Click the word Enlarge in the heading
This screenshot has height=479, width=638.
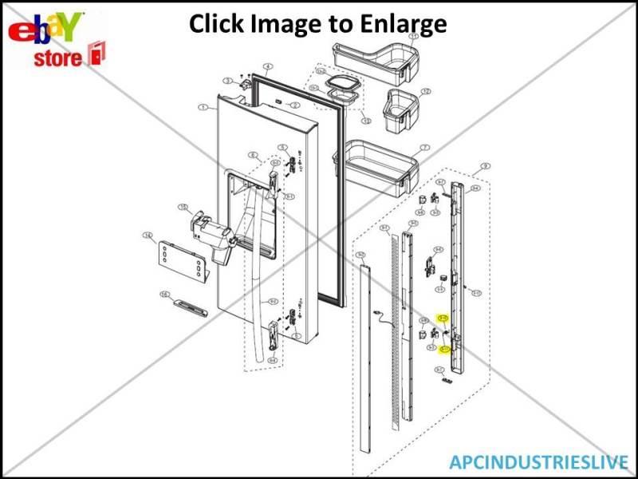click(399, 24)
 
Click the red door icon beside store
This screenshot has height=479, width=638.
click(96, 54)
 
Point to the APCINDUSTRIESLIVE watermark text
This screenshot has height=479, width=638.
click(538, 461)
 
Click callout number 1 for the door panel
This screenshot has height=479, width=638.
click(203, 107)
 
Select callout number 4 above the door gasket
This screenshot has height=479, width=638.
click(268, 67)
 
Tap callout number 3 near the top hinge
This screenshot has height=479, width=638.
click(227, 81)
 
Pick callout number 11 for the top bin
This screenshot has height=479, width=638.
click(413, 37)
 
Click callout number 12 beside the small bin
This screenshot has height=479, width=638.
click(425, 92)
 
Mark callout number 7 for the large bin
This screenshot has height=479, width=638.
click(425, 148)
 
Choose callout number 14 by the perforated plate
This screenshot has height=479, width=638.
click(148, 236)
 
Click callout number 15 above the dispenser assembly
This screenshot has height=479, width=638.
click(183, 208)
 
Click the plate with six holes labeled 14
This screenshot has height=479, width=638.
click(179, 259)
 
